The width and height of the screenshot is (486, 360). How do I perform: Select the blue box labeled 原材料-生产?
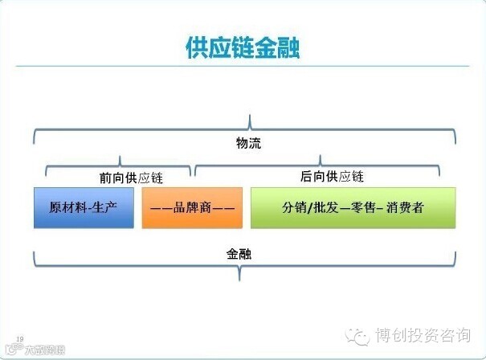coord(84,208)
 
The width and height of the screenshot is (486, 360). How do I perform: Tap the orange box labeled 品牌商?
coord(192,208)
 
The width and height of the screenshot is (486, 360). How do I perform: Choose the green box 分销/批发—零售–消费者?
coord(353,208)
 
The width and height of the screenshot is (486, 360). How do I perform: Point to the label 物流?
coord(248,144)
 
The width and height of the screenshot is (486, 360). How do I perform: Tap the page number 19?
coord(19,339)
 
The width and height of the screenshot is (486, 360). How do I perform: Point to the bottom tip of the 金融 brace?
coord(239,277)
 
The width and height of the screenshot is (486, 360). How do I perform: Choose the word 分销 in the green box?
coord(294,208)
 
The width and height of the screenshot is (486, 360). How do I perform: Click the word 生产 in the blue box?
coord(105,208)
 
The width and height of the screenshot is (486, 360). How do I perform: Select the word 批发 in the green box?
coord(325,208)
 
